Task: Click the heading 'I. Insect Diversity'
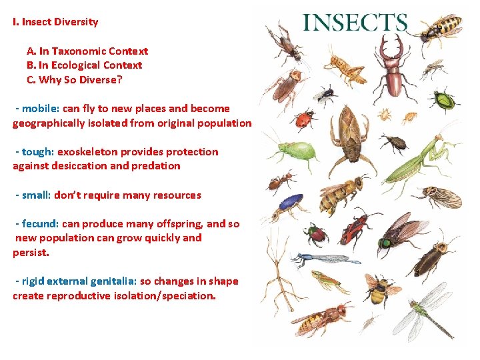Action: pyautogui.click(x=55, y=21)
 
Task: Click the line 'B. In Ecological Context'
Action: pyautogui.click(x=84, y=65)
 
